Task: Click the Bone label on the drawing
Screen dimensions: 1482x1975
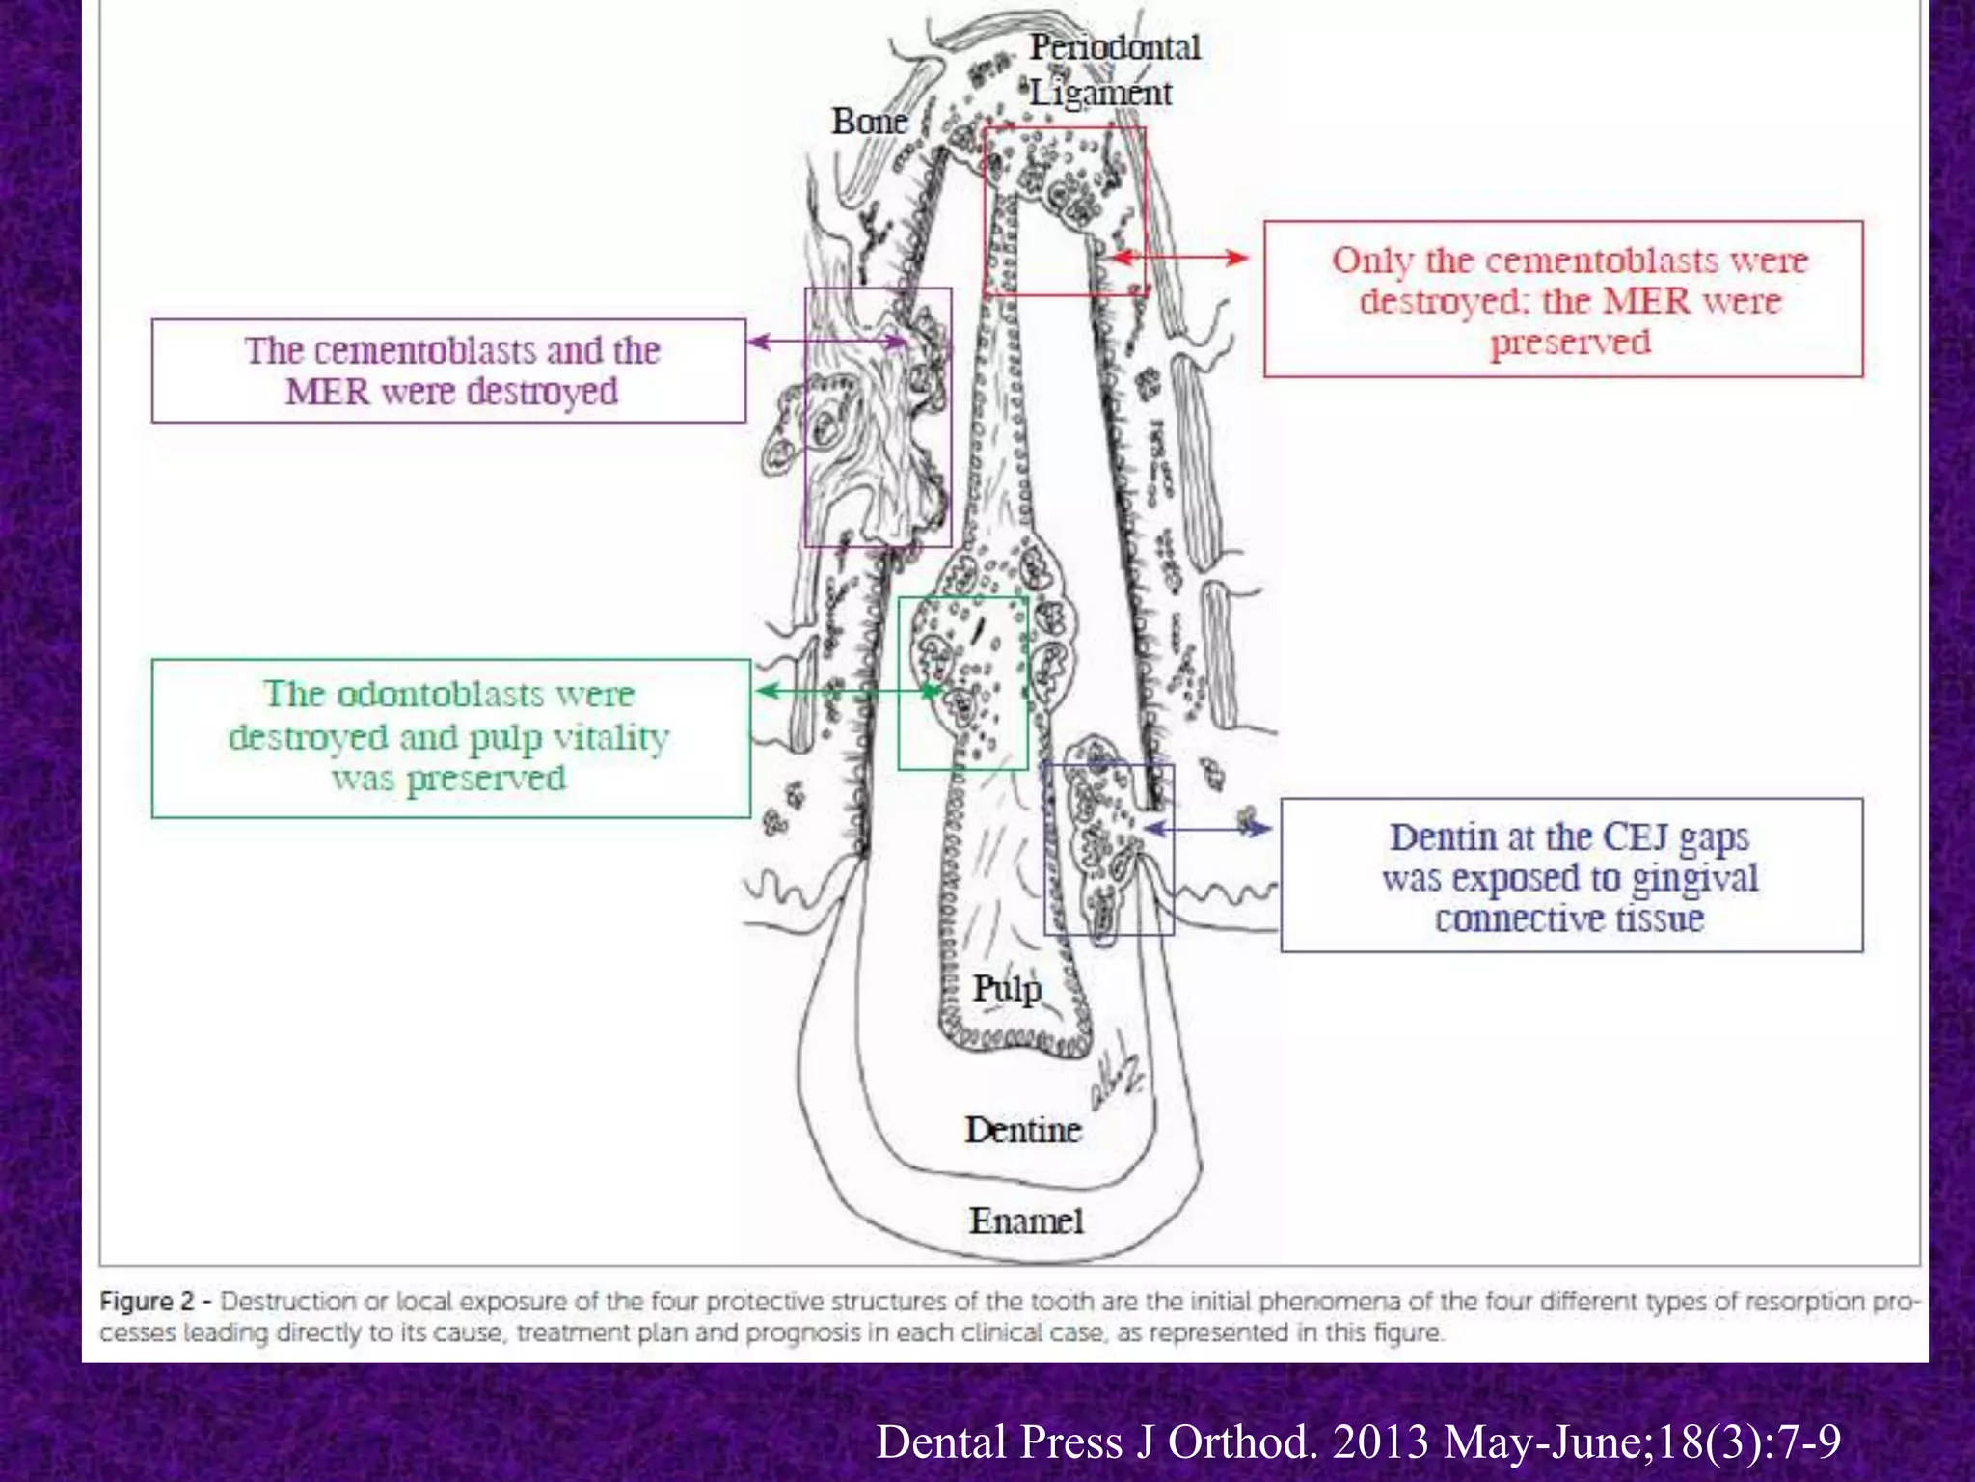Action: [869, 122]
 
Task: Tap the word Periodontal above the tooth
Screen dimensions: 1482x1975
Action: [1114, 46]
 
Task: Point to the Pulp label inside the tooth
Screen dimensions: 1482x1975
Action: [1006, 988]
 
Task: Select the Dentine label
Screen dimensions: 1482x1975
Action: [1022, 1129]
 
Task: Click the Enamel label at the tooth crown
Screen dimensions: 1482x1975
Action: [1026, 1221]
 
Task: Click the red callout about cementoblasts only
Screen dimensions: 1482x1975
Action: [1562, 299]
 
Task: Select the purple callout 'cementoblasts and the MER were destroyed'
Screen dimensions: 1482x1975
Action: [448, 370]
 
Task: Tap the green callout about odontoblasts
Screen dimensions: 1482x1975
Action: [450, 737]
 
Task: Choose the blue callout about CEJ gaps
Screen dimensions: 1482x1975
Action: [1571, 875]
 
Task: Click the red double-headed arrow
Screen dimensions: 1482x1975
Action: [1179, 258]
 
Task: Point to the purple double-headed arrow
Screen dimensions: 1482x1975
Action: [828, 341]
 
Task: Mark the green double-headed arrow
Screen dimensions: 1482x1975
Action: [849, 691]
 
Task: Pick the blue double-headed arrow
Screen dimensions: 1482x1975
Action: [1206, 828]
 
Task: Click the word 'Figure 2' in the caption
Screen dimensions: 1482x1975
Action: [147, 1301]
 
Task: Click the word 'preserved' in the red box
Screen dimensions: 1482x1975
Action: [1570, 342]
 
